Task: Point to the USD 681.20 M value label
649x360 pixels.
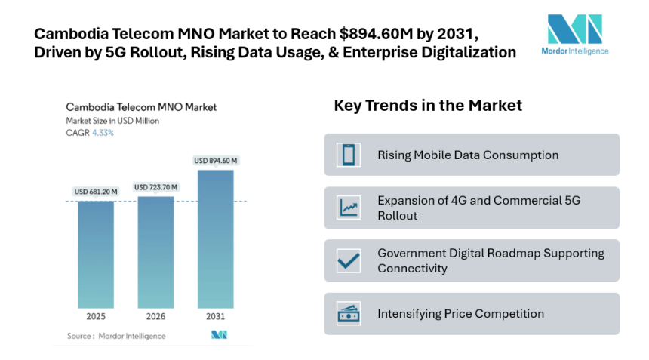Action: (x=96, y=192)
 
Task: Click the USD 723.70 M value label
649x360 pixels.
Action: (x=155, y=186)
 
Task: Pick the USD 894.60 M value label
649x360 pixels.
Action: (x=216, y=160)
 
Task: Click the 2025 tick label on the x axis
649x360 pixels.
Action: (x=96, y=315)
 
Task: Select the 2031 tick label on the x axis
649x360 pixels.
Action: (x=215, y=315)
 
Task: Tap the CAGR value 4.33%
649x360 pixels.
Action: (x=104, y=133)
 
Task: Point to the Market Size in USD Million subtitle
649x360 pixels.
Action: (x=112, y=121)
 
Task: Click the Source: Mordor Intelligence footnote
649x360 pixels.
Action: (x=116, y=335)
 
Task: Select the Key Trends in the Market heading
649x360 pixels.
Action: (x=428, y=106)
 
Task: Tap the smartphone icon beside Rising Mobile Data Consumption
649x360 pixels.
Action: (x=348, y=155)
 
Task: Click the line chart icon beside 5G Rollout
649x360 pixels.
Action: (x=348, y=208)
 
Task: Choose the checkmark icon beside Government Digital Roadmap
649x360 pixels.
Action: (x=348, y=260)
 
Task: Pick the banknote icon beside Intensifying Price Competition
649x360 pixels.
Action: (x=348, y=313)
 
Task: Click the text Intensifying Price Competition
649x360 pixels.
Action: (x=460, y=313)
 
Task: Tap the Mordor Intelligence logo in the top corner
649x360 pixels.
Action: (x=577, y=34)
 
